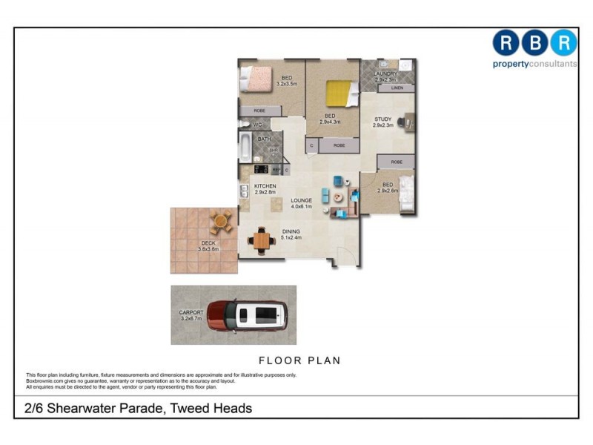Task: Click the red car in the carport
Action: [x=247, y=315]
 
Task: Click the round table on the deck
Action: [x=221, y=220]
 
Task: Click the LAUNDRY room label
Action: [x=386, y=74]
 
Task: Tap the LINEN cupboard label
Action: [x=397, y=88]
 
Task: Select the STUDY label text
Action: [x=382, y=119]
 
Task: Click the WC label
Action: [x=258, y=125]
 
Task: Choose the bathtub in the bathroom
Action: [x=245, y=146]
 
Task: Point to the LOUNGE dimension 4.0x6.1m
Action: [x=301, y=207]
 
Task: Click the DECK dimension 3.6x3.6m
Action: [x=208, y=249]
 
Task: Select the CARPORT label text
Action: [x=191, y=312]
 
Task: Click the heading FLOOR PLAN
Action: [x=299, y=360]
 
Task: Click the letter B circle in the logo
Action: [x=535, y=43]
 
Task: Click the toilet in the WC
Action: [x=244, y=125]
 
